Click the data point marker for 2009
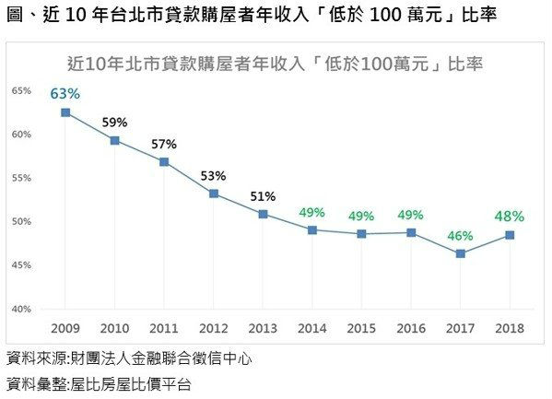tap(65, 112)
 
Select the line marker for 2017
tap(460, 253)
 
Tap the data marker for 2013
tap(263, 214)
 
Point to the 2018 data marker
tap(510, 235)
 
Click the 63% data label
tap(65, 93)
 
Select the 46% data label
tap(460, 236)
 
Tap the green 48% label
tap(510, 217)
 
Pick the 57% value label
tap(164, 144)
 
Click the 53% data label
tap(213, 175)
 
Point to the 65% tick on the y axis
tap(22, 90)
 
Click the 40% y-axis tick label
tap(22, 309)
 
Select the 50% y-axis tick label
tap(22, 221)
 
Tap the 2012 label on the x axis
tap(213, 328)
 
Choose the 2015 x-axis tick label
tap(361, 328)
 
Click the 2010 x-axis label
tap(114, 328)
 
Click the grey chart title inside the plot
tap(276, 65)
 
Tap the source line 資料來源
tap(129, 358)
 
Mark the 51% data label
tap(263, 195)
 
